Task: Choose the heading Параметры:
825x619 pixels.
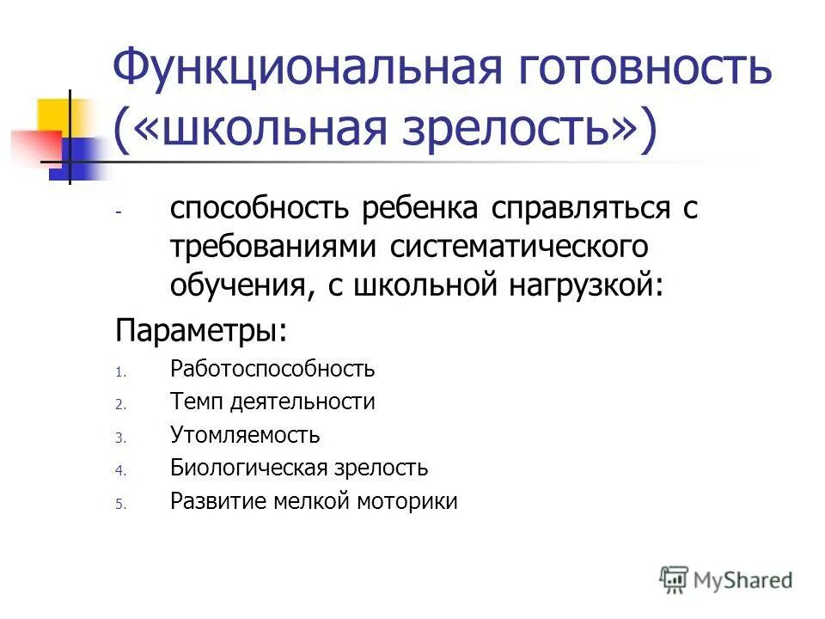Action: click(202, 330)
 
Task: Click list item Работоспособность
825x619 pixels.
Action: click(272, 369)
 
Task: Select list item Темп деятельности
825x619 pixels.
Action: click(272, 401)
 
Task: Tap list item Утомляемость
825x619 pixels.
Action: click(245, 435)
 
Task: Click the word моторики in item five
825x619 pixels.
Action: click(407, 501)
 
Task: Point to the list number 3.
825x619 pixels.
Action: click(120, 438)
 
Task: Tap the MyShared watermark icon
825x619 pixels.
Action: click(675, 579)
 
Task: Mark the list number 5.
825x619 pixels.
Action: click(120, 505)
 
